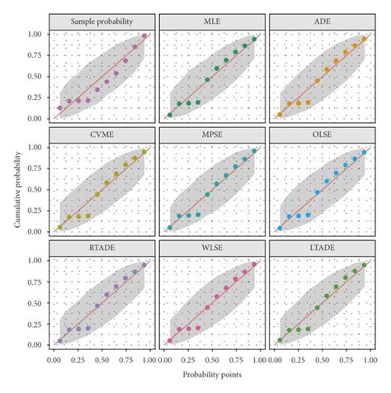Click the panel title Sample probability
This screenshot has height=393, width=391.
pyautogui.click(x=101, y=21)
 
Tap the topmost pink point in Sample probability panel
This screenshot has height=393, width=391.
pyautogui.click(x=144, y=36)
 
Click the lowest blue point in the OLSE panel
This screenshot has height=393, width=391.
pyautogui.click(x=280, y=228)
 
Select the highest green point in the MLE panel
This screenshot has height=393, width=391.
pyautogui.click(x=254, y=39)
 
